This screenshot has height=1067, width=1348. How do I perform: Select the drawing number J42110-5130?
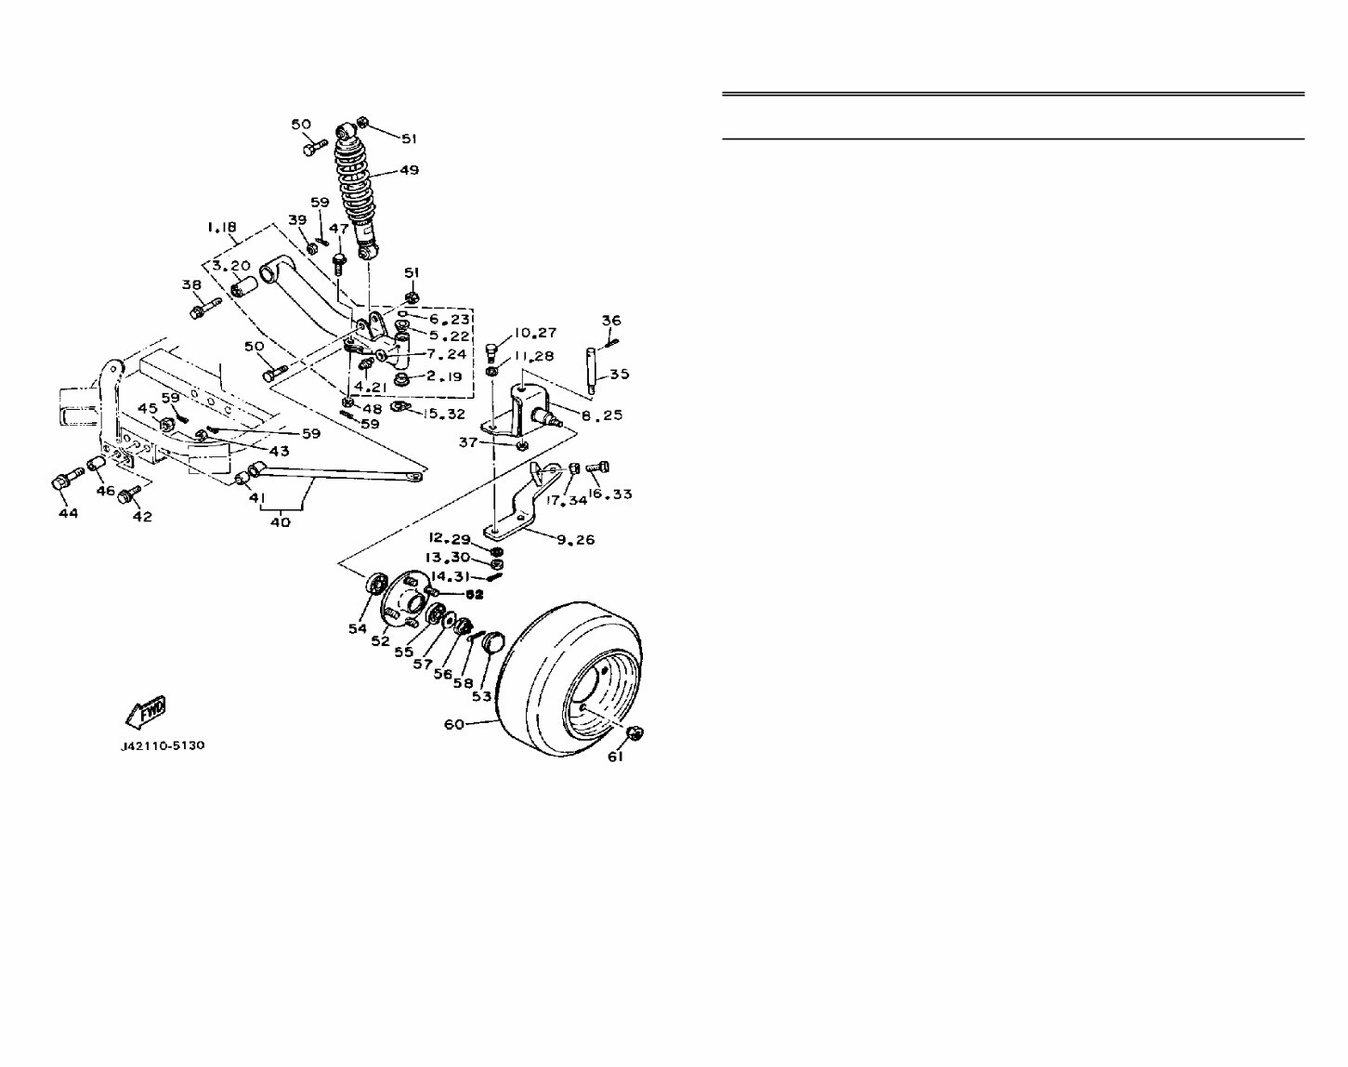pos(163,745)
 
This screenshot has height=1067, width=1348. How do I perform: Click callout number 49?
pos(409,170)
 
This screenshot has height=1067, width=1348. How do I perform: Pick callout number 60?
pos(454,724)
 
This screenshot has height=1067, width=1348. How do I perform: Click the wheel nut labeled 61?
pos(635,733)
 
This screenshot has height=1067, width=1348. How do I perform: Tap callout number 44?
pos(69,512)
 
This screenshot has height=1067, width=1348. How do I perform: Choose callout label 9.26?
pos(576,539)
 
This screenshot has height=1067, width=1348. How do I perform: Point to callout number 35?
pos(619,374)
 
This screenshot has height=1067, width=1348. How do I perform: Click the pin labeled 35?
pos(591,369)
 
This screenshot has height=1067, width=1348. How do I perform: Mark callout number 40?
pos(280,521)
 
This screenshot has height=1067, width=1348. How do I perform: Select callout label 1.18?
pos(221,227)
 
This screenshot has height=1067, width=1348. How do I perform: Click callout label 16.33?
pos(609,494)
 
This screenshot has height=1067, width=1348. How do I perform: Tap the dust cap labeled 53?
pos(494,641)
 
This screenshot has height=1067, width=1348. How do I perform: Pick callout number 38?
pos(191,284)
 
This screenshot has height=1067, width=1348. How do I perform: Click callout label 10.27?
pos(535,332)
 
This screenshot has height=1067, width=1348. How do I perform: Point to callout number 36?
pos(610,321)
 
